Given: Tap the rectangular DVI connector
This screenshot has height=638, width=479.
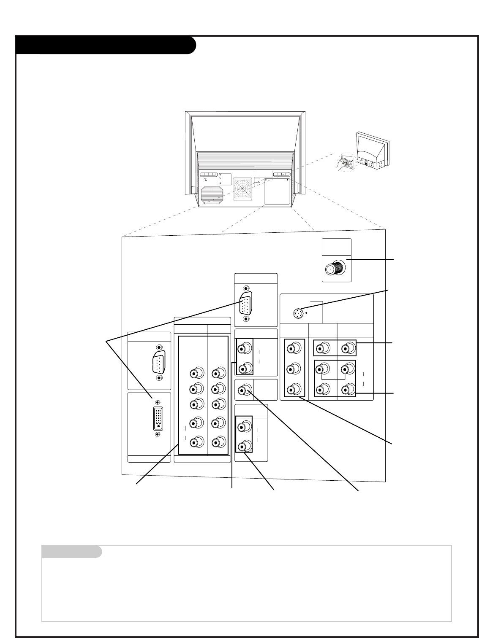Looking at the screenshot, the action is [158, 418].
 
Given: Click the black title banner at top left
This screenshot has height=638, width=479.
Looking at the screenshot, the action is [105, 45].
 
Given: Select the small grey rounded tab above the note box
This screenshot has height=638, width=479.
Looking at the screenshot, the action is [72, 552].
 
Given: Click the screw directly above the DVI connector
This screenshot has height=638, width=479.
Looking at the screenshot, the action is [158, 403].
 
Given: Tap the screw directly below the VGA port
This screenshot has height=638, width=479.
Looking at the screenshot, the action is [246, 319].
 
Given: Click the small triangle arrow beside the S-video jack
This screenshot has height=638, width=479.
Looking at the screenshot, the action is [306, 313].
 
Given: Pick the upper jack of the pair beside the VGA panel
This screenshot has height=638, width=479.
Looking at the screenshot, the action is [244, 349].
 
